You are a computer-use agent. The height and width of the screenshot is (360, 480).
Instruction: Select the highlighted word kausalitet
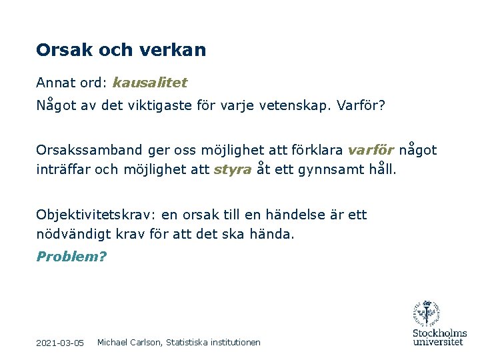click(150, 83)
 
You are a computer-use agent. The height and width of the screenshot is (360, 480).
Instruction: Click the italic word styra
click(233, 169)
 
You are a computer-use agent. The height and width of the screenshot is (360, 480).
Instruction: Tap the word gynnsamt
click(331, 169)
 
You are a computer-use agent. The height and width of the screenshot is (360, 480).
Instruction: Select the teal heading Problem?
click(71, 257)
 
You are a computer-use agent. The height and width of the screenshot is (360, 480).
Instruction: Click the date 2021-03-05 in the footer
click(60, 343)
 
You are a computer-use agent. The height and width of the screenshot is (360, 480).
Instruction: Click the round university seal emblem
click(427, 313)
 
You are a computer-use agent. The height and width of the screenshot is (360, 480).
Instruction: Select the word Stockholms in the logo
click(439, 333)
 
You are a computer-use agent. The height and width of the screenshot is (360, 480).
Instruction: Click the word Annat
click(55, 83)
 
